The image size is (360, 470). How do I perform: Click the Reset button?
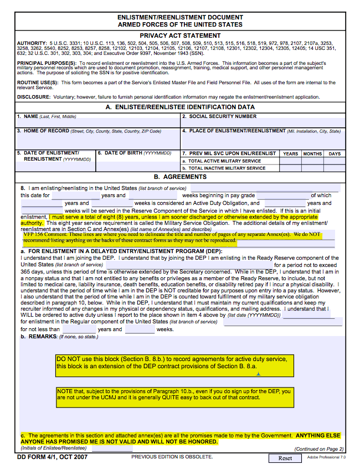coord(285,458)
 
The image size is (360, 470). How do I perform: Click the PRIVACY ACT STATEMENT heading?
coord(180,35)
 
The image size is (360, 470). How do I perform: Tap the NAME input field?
coord(97,123)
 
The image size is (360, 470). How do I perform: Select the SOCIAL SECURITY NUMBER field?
coord(263,123)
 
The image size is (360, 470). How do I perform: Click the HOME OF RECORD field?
coord(97,141)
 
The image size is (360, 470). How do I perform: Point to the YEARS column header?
coord(290,154)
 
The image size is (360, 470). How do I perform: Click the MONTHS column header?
coord(312,154)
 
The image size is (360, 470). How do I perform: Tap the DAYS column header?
coord(335,154)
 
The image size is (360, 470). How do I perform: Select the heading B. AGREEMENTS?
coord(180,177)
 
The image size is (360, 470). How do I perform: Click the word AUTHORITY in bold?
coord(32,43)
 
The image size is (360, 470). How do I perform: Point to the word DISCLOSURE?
coord(33,97)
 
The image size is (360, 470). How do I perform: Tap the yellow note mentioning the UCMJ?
coord(174,394)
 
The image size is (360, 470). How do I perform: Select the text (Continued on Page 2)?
coord(319,449)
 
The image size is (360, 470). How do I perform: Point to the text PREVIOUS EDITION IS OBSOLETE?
coord(172,457)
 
